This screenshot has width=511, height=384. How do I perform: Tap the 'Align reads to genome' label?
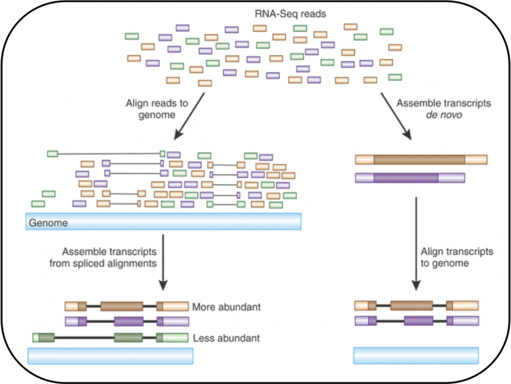tap(150, 109)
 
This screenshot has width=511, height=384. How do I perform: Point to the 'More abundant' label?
tap(226, 308)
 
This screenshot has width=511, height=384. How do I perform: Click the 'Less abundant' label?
tap(226, 338)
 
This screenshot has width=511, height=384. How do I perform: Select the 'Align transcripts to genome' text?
tap(457, 258)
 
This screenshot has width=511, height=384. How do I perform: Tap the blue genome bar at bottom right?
tap(415, 355)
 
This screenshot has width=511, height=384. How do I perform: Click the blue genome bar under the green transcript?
tap(110, 356)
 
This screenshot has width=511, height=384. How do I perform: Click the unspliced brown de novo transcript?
tap(421, 160)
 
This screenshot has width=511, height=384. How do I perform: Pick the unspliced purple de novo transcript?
tap(410, 177)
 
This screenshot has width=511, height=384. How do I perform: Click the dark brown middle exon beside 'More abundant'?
tap(122, 306)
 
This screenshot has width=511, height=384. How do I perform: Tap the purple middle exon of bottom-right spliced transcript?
tap(412, 321)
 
